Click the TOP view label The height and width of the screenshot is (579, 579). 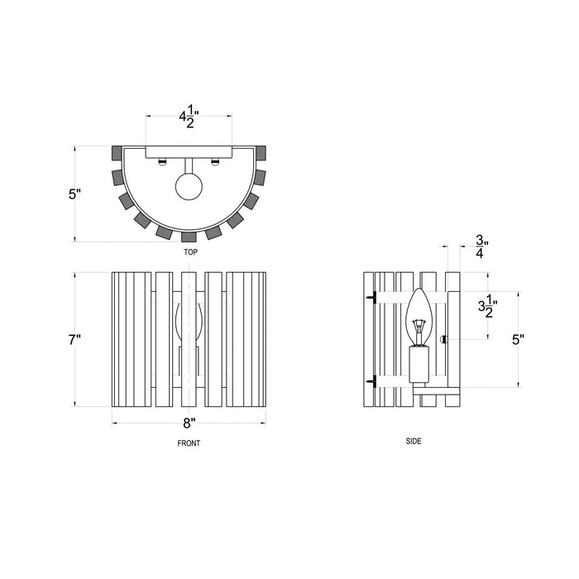(x=190, y=252)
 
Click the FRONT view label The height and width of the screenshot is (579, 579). (x=189, y=443)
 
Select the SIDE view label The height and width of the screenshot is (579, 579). (x=414, y=441)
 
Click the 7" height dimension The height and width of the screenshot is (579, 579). (x=74, y=340)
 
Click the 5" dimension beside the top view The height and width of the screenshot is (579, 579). (x=74, y=194)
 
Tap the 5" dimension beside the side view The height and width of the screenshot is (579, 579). (x=518, y=340)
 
